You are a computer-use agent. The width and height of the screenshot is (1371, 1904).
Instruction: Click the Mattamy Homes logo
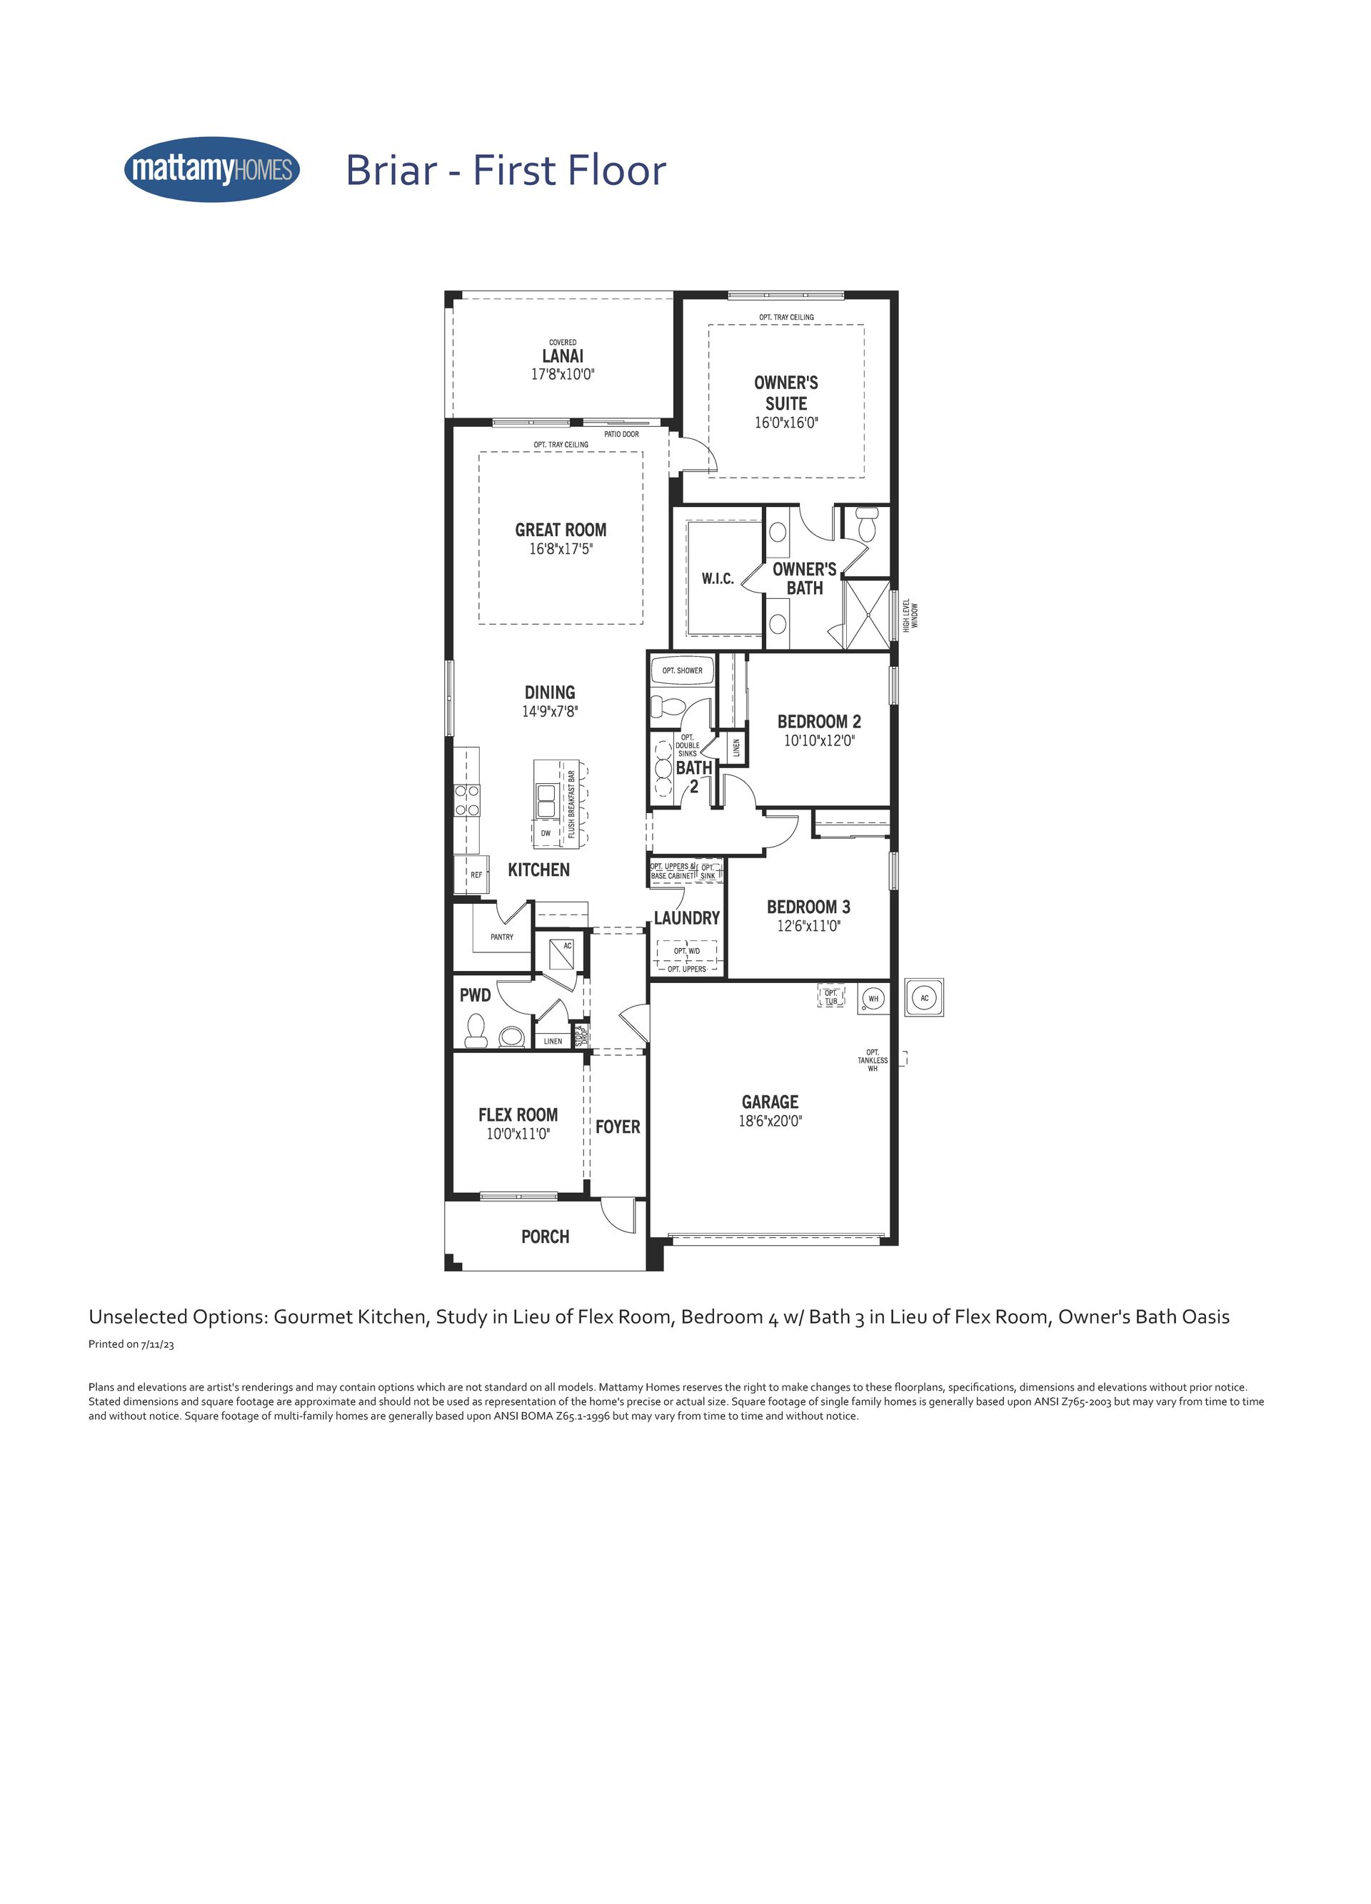(x=211, y=170)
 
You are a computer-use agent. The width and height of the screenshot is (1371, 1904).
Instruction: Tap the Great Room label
(x=561, y=530)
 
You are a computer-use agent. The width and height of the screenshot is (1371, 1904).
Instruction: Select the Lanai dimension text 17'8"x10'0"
(x=563, y=374)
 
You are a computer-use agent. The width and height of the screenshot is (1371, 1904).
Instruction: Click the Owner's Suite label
(x=786, y=393)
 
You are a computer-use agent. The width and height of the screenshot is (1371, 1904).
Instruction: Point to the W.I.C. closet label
(x=718, y=578)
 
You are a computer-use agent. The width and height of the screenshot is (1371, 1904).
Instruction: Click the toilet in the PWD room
(x=476, y=1030)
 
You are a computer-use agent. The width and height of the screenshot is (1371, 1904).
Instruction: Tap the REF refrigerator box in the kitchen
(x=471, y=875)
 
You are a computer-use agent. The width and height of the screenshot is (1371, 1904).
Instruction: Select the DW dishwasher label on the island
(x=546, y=834)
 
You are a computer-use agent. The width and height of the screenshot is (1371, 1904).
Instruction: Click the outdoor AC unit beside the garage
(x=925, y=998)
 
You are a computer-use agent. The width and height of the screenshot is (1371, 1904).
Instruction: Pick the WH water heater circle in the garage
(x=874, y=998)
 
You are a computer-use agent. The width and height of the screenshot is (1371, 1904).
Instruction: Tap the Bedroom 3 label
(x=808, y=907)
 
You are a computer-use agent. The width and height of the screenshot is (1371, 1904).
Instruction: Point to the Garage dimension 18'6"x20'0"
(x=770, y=1121)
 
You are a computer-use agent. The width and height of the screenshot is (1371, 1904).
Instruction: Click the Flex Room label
(x=518, y=1115)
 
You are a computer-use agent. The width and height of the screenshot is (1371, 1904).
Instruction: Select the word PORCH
(x=545, y=1236)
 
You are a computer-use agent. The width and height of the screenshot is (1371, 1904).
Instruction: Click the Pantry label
(x=502, y=937)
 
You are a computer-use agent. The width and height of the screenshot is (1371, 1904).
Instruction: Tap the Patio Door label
(x=621, y=434)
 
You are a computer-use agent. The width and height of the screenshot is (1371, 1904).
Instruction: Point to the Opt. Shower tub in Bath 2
(x=683, y=671)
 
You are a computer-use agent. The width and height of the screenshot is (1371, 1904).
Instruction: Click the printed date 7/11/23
(x=158, y=1344)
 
